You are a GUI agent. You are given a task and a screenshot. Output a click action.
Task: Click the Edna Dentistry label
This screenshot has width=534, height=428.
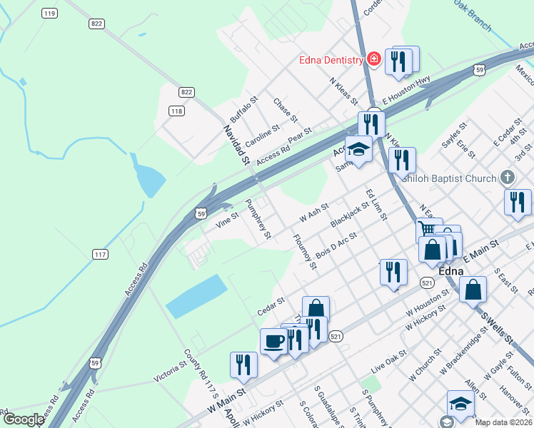pyautogui.click(x=331, y=60)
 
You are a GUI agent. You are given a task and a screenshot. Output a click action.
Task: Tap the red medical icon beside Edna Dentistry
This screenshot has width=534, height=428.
pyautogui.click(x=373, y=60)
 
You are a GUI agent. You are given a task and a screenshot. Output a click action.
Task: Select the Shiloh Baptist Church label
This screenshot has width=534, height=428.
pyautogui.click(x=448, y=178)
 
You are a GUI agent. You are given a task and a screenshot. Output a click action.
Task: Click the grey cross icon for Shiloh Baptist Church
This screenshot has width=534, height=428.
pyautogui.click(x=507, y=177)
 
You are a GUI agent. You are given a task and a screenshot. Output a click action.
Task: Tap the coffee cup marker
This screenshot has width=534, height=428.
pyautogui.click(x=273, y=342)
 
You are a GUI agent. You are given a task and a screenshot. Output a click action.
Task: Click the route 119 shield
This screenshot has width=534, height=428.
pyautogui.click(x=49, y=14)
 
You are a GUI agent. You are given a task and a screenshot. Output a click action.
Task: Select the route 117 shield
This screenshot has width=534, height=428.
pyautogui.click(x=101, y=254)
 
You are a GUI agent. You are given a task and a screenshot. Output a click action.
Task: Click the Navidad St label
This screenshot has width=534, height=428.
pyautogui.click(x=235, y=146)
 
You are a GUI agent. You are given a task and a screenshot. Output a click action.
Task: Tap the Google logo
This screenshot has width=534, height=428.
pyautogui.click(x=23, y=419)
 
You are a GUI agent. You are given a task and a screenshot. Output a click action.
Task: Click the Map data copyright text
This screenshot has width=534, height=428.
pyautogui.click(x=503, y=422)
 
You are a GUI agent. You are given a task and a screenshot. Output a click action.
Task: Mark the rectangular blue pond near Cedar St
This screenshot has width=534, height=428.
pyautogui.click(x=197, y=296)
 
